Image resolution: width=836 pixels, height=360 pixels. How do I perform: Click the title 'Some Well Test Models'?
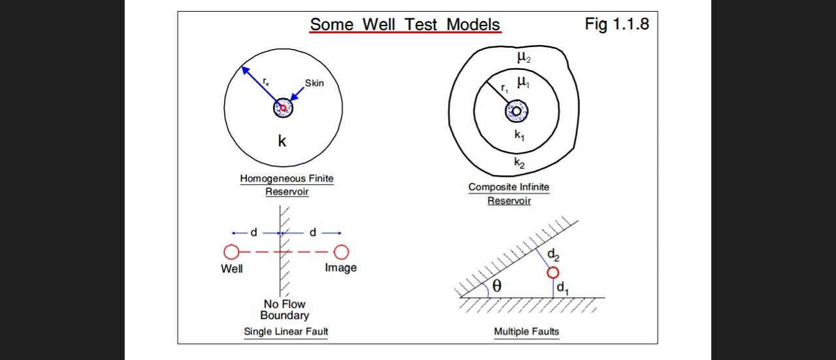coord(405,25)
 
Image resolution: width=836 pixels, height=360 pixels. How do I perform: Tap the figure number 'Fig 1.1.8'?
coord(617,25)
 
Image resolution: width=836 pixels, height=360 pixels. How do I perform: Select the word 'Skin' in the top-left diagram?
coord(314,83)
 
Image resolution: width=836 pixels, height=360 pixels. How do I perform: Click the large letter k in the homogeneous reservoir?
coord(282,141)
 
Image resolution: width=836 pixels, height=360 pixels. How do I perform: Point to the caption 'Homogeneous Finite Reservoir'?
coord(287,185)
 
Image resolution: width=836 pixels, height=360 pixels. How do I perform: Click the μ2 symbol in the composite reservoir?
coord(524,57)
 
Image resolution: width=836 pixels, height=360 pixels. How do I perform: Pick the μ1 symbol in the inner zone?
coord(524,82)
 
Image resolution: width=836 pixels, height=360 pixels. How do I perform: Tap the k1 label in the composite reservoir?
coord(519,135)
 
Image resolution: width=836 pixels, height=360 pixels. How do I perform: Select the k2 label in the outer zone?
coord(519,163)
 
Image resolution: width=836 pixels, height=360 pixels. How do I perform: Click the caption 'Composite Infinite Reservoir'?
coord(509,193)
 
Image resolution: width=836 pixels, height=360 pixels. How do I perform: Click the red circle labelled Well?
coord(231,252)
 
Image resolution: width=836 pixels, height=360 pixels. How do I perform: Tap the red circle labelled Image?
coord(341,252)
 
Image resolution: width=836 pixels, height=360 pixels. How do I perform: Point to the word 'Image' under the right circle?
coord(341,268)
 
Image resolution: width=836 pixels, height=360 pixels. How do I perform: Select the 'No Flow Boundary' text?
coord(285,310)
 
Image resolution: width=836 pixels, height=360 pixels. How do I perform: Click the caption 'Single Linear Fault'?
coord(286,332)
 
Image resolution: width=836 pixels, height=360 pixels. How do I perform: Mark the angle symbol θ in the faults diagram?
coord(497,286)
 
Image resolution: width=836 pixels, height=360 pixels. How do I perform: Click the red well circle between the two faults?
coord(553,272)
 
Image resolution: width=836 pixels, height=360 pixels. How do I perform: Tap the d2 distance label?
coord(553,255)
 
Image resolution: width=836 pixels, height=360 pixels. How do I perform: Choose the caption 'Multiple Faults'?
coord(526,332)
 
